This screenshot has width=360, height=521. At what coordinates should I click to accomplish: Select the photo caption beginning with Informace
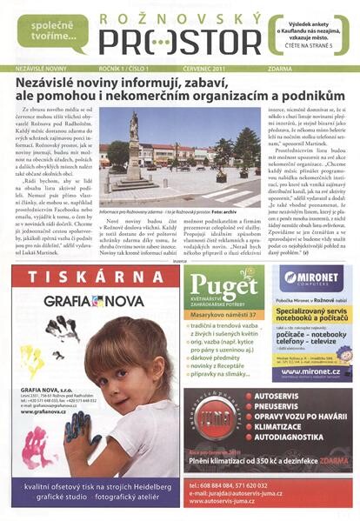(167, 210)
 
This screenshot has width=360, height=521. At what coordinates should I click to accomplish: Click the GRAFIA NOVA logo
(87, 301)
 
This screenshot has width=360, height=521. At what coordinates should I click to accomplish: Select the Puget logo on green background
(223, 285)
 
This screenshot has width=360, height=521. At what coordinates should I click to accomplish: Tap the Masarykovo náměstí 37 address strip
(225, 315)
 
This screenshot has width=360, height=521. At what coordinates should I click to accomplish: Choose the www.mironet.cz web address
(307, 370)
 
